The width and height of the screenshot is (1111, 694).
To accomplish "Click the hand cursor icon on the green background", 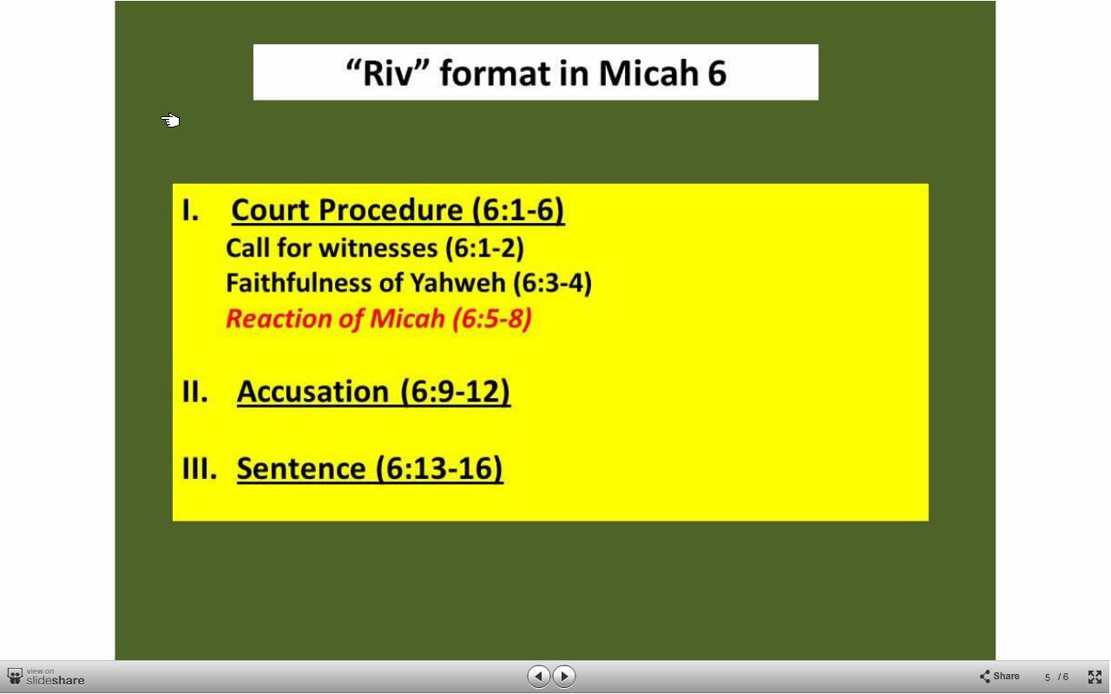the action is (170, 121).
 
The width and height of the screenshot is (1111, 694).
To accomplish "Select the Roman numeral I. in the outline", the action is (190, 210).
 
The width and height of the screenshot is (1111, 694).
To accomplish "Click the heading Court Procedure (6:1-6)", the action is (398, 210).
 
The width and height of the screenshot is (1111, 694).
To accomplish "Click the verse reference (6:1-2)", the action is (484, 248).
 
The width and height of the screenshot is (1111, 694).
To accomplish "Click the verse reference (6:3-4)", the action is (553, 283).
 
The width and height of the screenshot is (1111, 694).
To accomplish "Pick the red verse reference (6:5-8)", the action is (492, 318).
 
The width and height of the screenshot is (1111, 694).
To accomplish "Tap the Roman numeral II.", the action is (195, 391).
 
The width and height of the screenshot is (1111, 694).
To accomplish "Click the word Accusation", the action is (313, 391).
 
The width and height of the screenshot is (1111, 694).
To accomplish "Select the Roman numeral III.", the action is (200, 468).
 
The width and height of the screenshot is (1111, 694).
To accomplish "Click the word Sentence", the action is (301, 468).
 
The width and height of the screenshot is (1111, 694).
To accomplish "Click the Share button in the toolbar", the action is (999, 676).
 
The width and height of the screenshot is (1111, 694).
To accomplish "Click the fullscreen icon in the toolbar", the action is (1095, 677).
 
